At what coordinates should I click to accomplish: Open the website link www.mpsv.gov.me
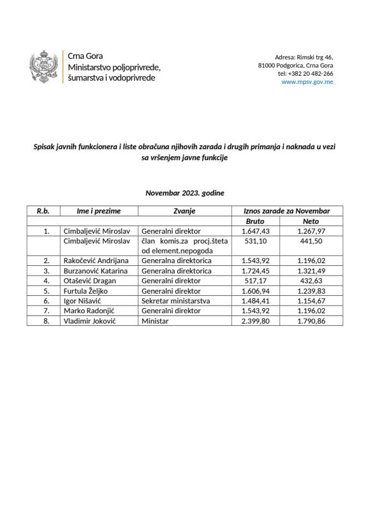307,82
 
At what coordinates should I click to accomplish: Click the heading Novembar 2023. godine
185,193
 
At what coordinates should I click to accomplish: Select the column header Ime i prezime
99,211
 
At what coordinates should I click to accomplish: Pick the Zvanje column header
184,211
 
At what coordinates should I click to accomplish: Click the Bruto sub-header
256,221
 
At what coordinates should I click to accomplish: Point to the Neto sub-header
311,221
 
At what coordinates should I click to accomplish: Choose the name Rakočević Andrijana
96,260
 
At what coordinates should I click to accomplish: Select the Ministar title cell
155,321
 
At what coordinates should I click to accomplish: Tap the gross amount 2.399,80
256,321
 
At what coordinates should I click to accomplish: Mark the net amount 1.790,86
311,321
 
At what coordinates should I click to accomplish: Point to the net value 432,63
311,281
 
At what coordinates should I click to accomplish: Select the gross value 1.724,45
256,271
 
